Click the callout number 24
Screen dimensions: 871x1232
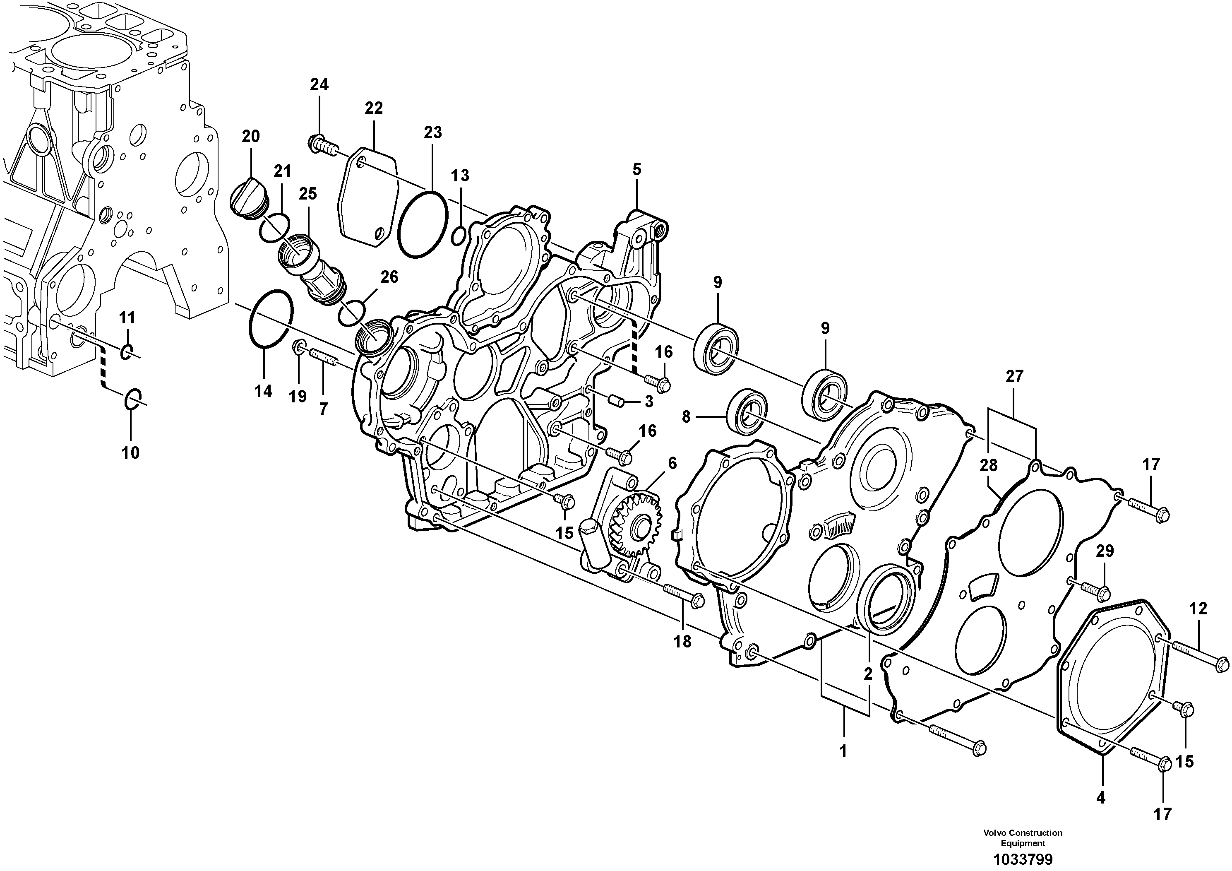tap(319, 85)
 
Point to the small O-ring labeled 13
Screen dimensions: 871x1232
tap(458, 235)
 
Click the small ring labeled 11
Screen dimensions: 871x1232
tap(126, 352)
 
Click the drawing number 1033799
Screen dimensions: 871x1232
tap(1022, 859)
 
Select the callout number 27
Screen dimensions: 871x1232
tap(1014, 377)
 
